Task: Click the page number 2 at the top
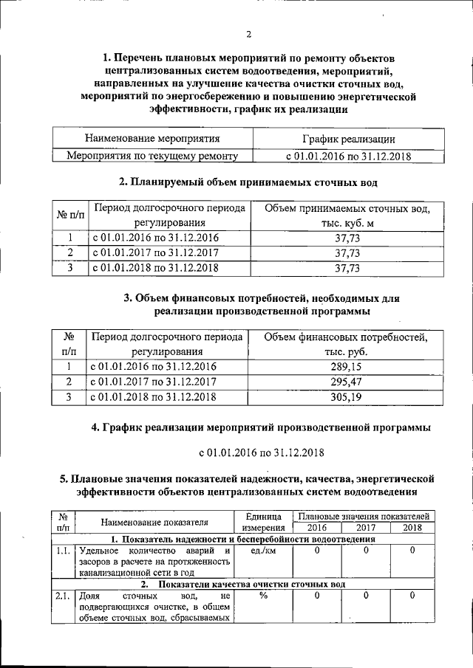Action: (249, 34)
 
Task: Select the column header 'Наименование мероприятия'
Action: (152, 138)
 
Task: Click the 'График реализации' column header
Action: (347, 138)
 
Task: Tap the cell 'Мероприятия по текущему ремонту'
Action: (152, 156)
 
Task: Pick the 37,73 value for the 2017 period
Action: (347, 252)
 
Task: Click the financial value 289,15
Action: (347, 365)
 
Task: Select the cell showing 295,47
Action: (347, 381)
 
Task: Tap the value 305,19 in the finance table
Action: (347, 396)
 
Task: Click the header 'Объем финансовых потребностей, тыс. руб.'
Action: (347, 344)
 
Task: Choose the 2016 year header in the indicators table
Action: (316, 528)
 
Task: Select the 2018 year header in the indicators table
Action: (412, 528)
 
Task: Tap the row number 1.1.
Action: (63, 551)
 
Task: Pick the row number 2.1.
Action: (63, 595)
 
